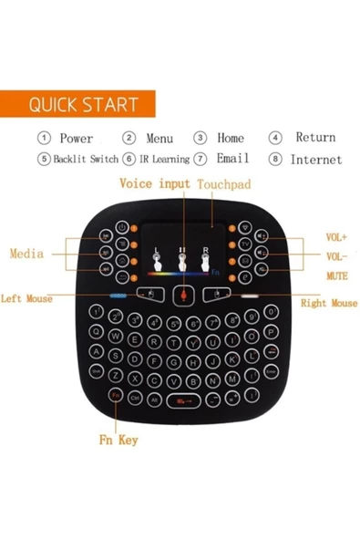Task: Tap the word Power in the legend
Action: (x=76, y=139)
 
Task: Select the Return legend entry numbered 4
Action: (x=314, y=138)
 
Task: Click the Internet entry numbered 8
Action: (x=315, y=159)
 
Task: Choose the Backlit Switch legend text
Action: (x=85, y=159)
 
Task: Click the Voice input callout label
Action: (x=155, y=183)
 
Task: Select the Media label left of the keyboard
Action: (x=27, y=253)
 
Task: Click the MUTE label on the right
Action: (x=336, y=275)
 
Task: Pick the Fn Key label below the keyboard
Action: (x=118, y=440)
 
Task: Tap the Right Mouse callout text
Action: (x=328, y=303)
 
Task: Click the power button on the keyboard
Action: (x=122, y=227)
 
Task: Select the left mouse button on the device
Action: (x=149, y=295)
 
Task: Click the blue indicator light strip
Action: (x=118, y=297)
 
